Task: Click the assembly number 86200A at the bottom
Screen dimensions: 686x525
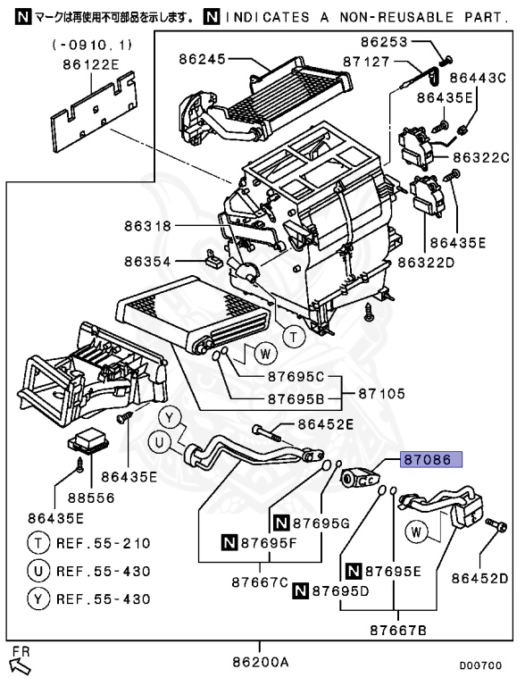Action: click(x=260, y=662)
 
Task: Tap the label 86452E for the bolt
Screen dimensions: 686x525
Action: click(x=326, y=424)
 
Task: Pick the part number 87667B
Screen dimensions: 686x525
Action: click(x=397, y=631)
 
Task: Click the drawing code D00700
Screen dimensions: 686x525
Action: click(x=480, y=665)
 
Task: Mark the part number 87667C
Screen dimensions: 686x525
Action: click(x=261, y=583)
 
